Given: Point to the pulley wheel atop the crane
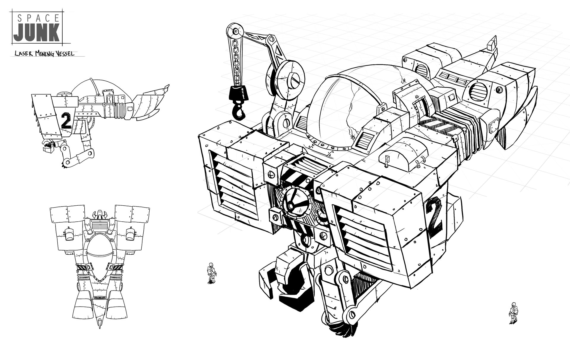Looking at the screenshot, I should point(235,30).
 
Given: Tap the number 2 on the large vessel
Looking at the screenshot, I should point(434,217).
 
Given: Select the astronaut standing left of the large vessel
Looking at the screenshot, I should point(211,272).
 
